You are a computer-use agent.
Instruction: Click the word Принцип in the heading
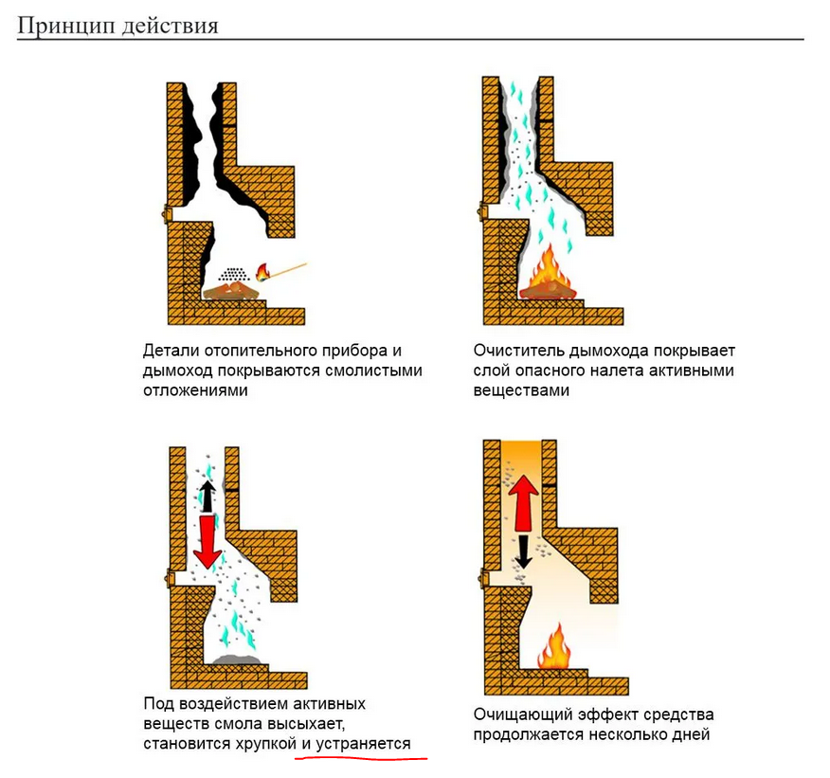click(x=66, y=26)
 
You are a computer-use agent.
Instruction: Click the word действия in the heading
click(x=171, y=26)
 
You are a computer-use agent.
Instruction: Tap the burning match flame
click(x=262, y=272)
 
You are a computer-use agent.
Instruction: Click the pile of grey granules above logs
click(x=233, y=275)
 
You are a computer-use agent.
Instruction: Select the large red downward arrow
click(x=207, y=541)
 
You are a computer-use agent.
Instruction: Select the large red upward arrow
click(x=524, y=502)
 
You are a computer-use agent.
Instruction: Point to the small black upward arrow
click(x=207, y=496)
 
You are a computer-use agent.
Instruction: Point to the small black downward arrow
click(x=524, y=552)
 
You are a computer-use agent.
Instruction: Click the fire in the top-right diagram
click(x=548, y=275)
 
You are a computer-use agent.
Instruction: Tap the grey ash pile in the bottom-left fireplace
click(x=237, y=660)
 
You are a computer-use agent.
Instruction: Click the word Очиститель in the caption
click(x=519, y=351)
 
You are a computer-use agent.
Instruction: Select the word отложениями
click(x=195, y=390)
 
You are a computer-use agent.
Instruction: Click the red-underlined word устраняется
click(x=363, y=744)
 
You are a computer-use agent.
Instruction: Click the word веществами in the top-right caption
click(x=521, y=390)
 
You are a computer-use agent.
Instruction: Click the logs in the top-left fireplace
click(x=230, y=291)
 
